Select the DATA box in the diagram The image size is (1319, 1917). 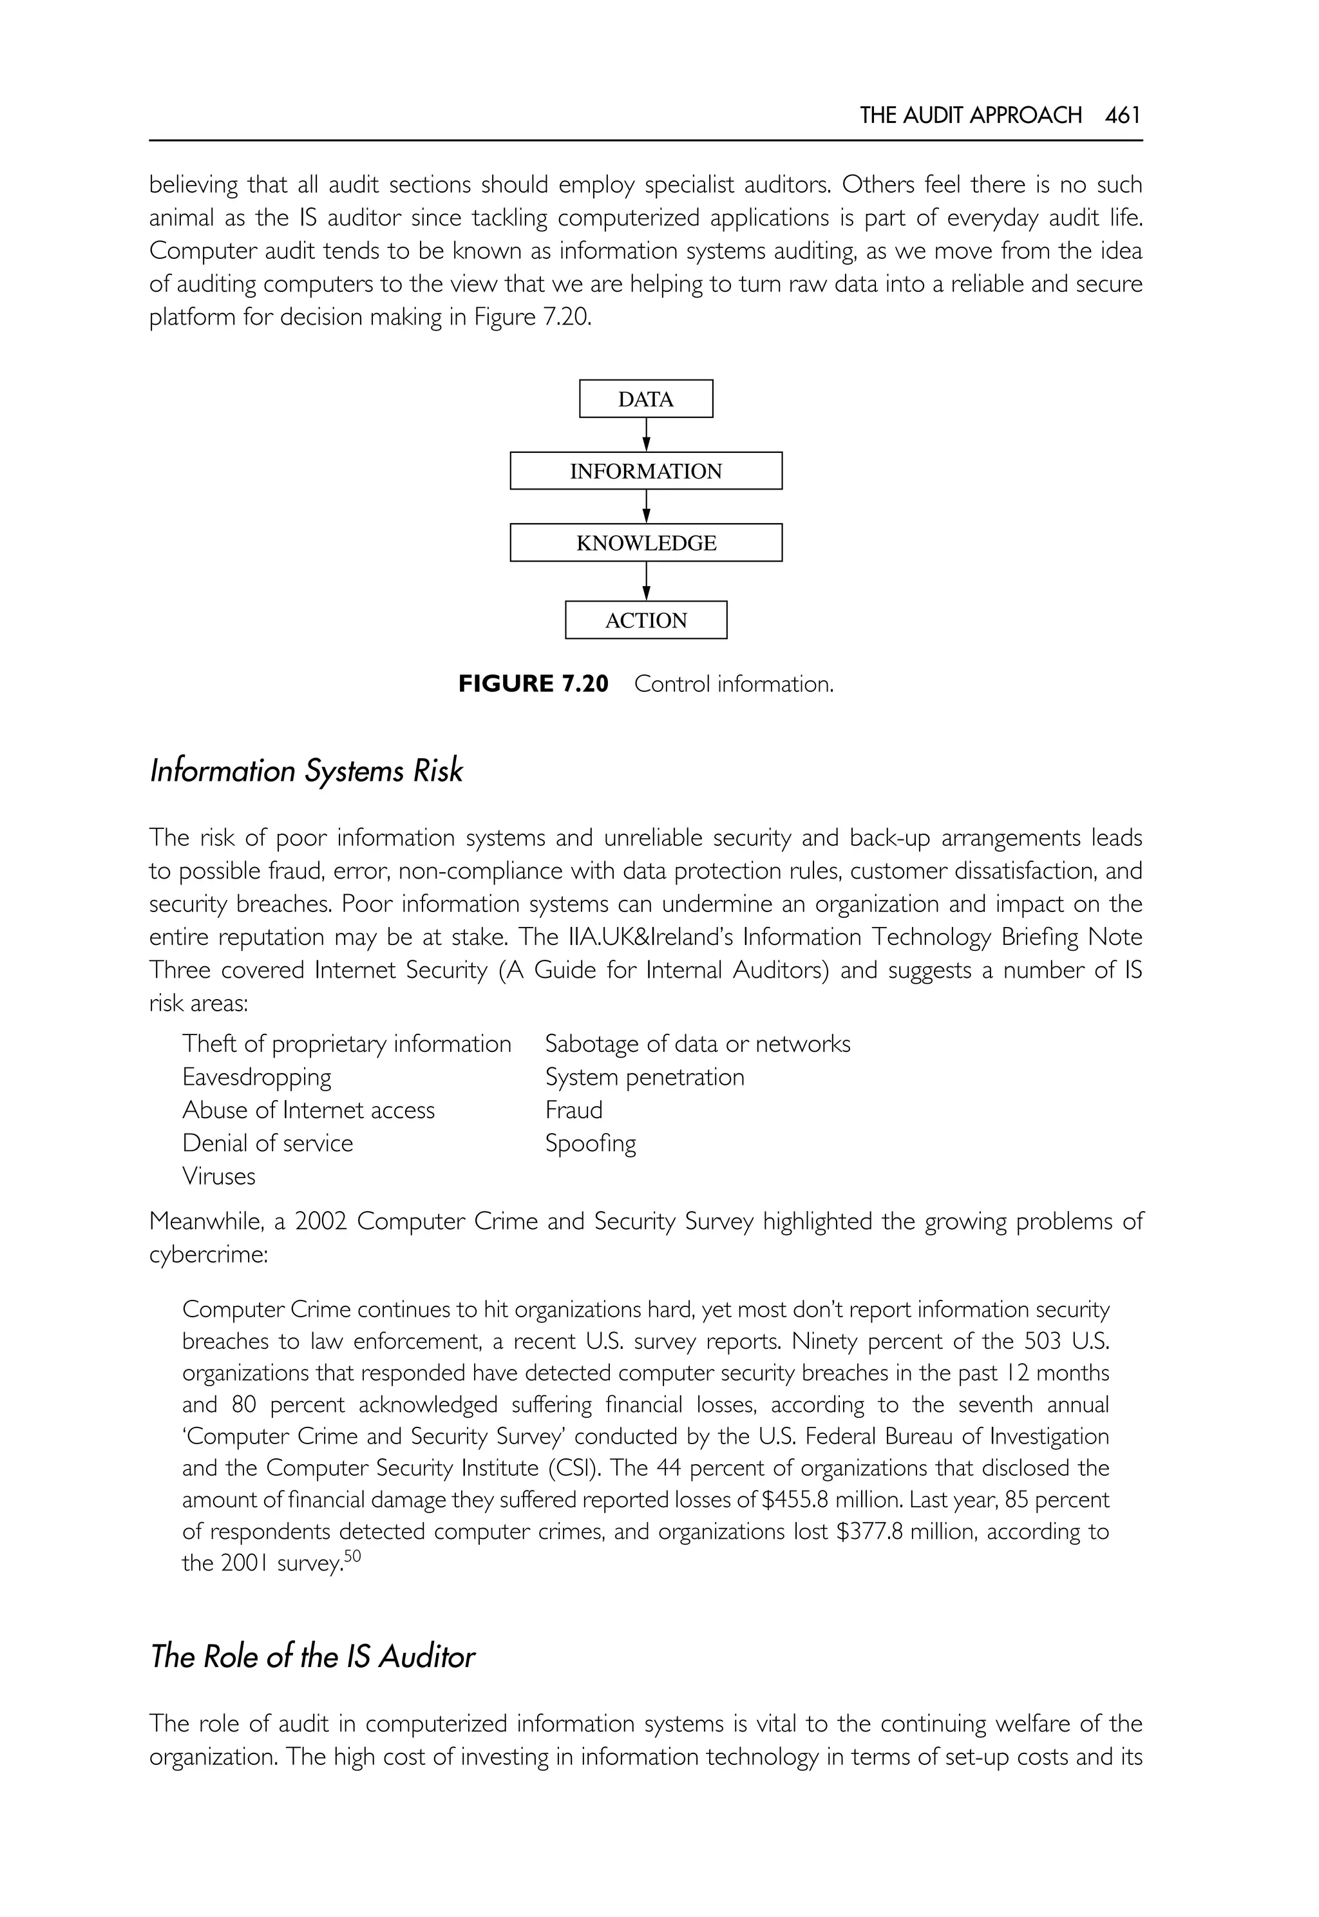pos(645,399)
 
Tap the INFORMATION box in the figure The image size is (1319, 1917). pos(645,471)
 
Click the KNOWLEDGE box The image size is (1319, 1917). pos(645,543)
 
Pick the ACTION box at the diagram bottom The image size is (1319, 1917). pos(645,620)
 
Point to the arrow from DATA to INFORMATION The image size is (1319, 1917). pos(646,435)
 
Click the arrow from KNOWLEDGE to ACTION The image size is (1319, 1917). pos(646,581)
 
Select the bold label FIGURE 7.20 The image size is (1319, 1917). pos(533,683)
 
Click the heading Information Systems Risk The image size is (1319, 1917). pos(306,771)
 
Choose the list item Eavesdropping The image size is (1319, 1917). pos(256,1077)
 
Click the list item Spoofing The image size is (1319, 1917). pos(590,1143)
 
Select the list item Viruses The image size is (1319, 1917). pos(219,1176)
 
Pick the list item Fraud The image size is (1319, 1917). pos(574,1110)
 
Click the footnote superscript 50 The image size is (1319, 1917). pos(353,1556)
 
